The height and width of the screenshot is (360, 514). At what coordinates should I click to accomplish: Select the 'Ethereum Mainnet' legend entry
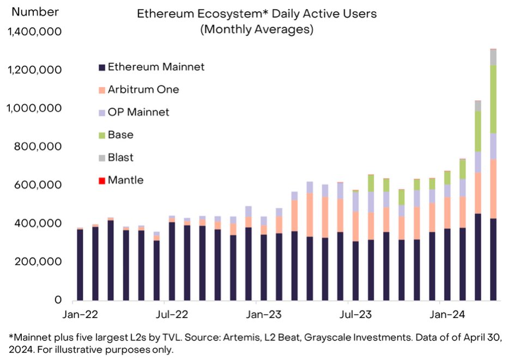(156, 67)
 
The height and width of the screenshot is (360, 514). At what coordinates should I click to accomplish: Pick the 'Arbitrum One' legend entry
(143, 89)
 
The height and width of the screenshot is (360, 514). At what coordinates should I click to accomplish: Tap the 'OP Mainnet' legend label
(138, 112)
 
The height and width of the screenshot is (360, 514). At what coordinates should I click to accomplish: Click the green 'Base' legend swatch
(101, 135)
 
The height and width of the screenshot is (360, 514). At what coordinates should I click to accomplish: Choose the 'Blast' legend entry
(120, 157)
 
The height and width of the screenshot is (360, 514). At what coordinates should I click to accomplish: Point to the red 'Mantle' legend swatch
(101, 180)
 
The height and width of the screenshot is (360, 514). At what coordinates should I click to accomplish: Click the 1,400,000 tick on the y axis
(33, 32)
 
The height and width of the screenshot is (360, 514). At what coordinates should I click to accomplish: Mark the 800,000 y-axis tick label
(39, 147)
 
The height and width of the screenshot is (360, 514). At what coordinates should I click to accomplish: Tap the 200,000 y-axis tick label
(39, 261)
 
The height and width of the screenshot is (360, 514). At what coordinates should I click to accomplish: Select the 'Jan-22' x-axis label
(81, 314)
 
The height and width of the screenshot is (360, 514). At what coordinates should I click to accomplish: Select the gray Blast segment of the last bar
(493, 57)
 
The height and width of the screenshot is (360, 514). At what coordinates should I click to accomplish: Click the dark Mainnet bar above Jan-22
(80, 265)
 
